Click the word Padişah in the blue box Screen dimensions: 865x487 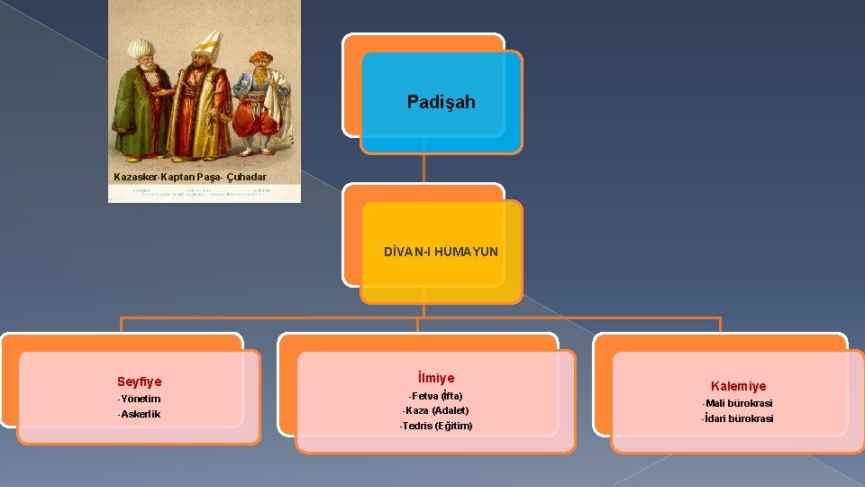pos(441,102)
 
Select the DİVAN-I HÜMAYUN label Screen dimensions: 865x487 pos(441,252)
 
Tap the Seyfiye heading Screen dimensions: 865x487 pos(139,382)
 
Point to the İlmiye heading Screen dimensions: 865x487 pos(436,378)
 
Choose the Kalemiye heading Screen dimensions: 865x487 pos(738,386)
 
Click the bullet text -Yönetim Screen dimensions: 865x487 pos(139,399)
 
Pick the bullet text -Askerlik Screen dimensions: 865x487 pos(139,414)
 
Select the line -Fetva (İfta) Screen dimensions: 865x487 pos(436,396)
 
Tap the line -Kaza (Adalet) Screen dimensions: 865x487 pos(436,410)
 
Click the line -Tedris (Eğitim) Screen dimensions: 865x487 pos(436,426)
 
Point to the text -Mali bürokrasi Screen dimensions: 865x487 pos(738,403)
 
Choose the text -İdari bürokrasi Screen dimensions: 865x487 pos(738,418)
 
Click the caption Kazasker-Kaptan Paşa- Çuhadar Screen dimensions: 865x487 pos(190,177)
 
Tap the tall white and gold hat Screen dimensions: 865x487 pos(208,41)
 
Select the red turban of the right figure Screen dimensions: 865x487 pos(260,58)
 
